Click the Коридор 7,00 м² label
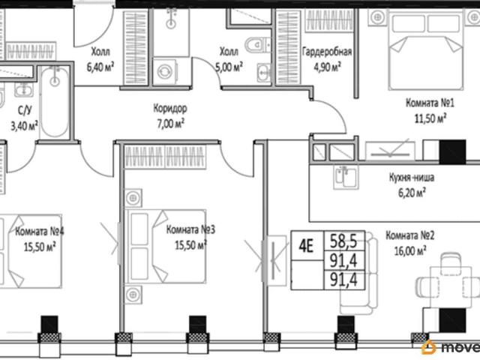[170, 116]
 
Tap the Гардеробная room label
[327, 52]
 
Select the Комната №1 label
[430, 103]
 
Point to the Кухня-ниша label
[412, 178]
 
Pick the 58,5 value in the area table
[343, 241]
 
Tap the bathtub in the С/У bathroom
[55, 103]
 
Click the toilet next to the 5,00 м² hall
[258, 45]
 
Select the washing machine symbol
[165, 72]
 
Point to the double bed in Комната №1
[426, 50]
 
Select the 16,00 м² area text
[410, 251]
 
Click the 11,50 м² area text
[430, 118]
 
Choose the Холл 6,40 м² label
[100, 59]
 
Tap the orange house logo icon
[428, 347]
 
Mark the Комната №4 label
[40, 231]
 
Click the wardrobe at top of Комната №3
[165, 157]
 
